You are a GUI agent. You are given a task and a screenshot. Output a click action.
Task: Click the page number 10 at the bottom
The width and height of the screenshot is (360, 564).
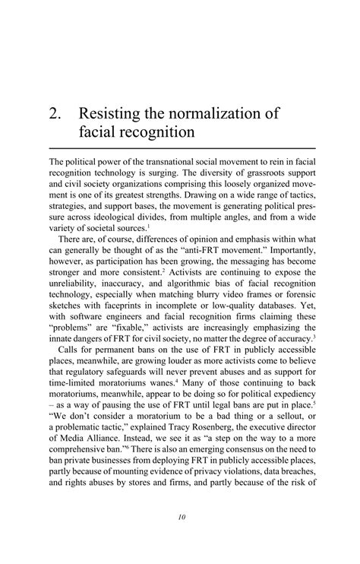[x=182, y=518]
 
